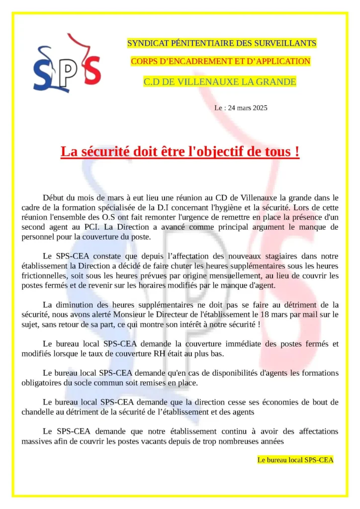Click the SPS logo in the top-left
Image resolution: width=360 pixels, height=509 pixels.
(x=67, y=63)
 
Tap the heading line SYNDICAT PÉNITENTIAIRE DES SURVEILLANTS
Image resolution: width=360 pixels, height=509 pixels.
(x=221, y=43)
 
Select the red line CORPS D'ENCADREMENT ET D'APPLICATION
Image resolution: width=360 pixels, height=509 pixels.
(x=220, y=61)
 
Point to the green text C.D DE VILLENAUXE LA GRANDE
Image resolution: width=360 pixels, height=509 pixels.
(x=220, y=82)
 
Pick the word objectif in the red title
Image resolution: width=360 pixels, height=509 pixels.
(x=217, y=152)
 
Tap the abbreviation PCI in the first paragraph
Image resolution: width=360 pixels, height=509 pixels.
(x=88, y=227)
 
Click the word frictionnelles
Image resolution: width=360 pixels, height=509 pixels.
(x=46, y=276)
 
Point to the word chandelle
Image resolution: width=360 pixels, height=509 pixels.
(x=38, y=412)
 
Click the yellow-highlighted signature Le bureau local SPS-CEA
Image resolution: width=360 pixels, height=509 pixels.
(x=295, y=460)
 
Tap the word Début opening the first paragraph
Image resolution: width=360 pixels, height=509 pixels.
(x=54, y=198)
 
